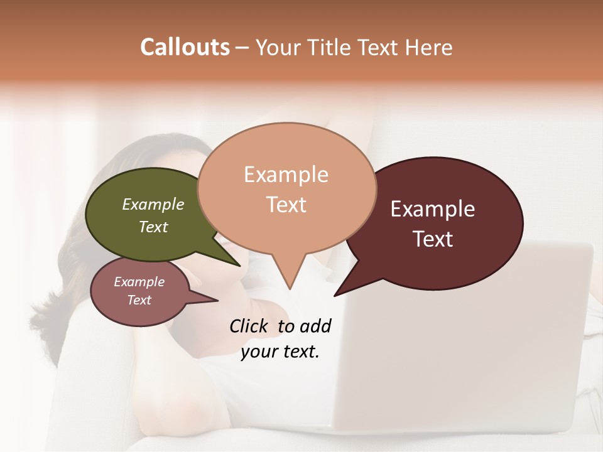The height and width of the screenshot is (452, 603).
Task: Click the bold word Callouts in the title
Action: [185, 47]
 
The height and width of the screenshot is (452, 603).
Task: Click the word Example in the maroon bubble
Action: [433, 209]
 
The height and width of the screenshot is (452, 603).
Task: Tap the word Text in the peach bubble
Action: [286, 205]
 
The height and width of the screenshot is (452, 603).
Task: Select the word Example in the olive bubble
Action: [153, 205]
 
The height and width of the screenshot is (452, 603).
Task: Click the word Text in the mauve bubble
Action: [139, 300]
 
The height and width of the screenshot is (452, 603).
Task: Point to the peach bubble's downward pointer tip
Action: [290, 288]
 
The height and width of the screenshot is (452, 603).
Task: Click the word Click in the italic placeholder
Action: [249, 326]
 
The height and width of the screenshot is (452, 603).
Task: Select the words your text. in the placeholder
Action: [280, 352]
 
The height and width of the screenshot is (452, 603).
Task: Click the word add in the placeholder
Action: [316, 326]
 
